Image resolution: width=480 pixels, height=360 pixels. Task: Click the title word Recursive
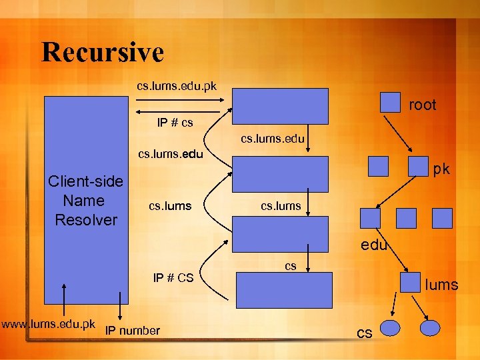click(102, 52)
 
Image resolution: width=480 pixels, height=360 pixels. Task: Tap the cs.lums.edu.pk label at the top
click(176, 86)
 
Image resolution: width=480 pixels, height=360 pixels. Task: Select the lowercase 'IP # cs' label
click(175, 123)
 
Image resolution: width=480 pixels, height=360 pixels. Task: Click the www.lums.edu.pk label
click(48, 325)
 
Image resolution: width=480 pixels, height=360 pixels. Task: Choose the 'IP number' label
click(133, 331)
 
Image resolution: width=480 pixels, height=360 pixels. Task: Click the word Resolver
click(86, 219)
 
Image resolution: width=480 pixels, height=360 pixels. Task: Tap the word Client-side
click(85, 181)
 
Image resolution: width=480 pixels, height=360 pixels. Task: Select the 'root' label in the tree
click(422, 105)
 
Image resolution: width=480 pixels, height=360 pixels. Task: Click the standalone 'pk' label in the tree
click(441, 169)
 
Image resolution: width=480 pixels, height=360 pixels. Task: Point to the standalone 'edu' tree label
click(374, 245)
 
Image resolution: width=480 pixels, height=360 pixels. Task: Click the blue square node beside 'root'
click(389, 101)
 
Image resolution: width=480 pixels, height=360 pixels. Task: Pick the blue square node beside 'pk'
click(417, 166)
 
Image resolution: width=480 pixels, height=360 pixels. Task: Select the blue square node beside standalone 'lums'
click(409, 282)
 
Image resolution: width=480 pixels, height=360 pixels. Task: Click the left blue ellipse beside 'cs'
click(389, 328)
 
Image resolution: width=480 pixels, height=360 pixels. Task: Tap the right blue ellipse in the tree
click(430, 328)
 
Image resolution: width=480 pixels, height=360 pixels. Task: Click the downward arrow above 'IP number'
click(120, 306)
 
